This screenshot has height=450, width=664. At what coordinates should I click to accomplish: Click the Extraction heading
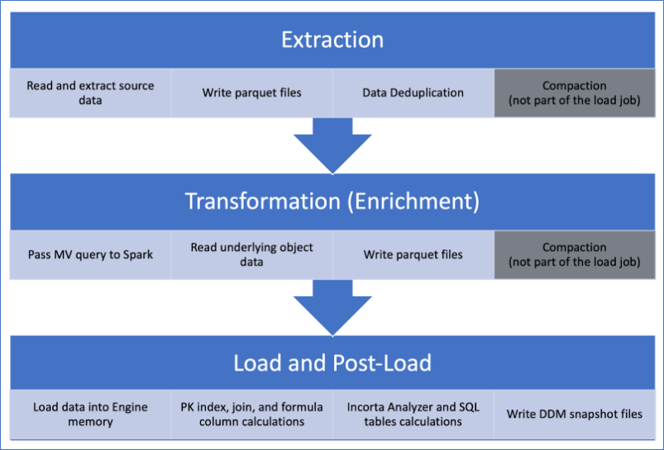click(332, 40)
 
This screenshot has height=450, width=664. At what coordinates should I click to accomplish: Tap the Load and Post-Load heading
click(332, 363)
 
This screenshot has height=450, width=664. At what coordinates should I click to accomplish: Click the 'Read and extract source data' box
click(91, 92)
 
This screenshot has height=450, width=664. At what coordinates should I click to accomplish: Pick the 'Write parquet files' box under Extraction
click(252, 92)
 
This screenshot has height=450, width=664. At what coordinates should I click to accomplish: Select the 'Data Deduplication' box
click(413, 92)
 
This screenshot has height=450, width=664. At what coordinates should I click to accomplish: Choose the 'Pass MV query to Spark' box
click(91, 254)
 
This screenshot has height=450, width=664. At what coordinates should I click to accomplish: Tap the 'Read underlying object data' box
click(252, 254)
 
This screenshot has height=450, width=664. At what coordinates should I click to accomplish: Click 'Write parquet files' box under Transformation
click(413, 254)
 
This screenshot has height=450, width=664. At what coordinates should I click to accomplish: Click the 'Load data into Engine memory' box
click(91, 414)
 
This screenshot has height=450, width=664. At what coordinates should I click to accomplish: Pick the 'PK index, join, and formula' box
click(252, 414)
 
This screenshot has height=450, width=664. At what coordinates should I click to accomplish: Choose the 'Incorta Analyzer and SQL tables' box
click(413, 414)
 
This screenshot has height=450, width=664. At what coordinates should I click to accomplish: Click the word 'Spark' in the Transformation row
click(136, 254)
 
